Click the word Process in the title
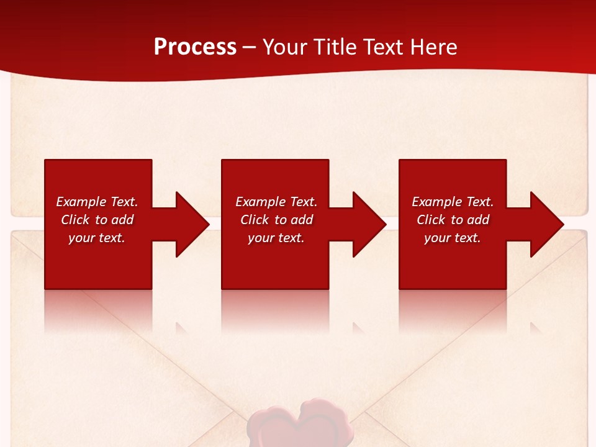point(195,47)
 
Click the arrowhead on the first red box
point(189,224)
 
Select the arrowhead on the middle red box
point(366,224)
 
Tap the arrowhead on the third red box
point(544,224)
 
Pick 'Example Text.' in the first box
point(97,202)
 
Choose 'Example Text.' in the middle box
point(276,202)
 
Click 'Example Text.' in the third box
point(453,202)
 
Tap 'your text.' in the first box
point(97,238)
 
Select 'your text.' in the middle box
point(276,238)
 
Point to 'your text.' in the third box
point(453,238)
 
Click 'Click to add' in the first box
point(97,220)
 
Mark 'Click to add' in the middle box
point(276,220)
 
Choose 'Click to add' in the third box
point(453,220)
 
